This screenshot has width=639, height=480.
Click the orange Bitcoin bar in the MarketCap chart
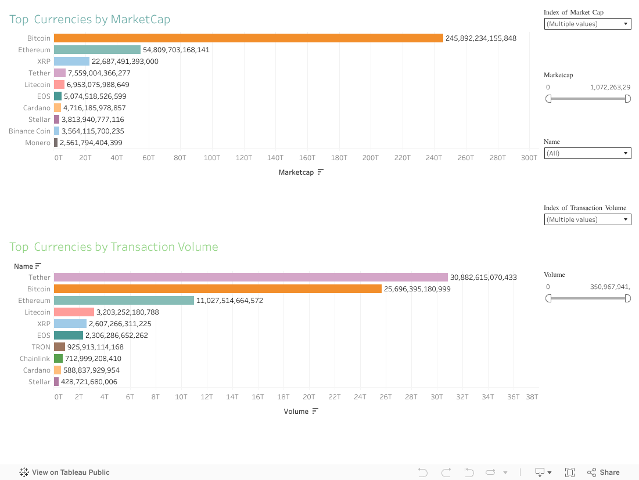coord(249,38)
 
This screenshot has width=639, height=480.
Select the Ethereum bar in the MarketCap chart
coord(97,50)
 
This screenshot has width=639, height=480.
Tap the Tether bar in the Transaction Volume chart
coord(251,277)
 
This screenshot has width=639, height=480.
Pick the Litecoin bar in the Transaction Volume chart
coord(74,312)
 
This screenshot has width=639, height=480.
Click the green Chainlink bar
coord(58,359)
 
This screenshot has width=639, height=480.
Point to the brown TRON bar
coord(59,347)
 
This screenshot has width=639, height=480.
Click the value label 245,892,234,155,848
coord(481,38)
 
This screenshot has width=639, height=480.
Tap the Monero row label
coord(38,143)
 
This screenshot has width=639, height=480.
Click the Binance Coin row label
coord(30,131)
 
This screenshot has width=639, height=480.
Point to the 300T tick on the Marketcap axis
coord(529,157)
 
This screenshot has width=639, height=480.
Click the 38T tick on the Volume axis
coord(532,396)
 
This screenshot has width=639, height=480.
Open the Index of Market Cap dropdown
coord(587,24)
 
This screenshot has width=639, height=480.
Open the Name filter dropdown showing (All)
coord(587,153)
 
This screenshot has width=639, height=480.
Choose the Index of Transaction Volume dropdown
coord(587,219)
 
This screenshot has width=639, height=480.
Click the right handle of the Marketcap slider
coord(627,99)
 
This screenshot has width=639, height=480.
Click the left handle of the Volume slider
coord(548,298)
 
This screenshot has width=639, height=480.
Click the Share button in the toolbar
coord(604,472)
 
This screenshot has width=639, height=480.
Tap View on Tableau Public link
coord(64,472)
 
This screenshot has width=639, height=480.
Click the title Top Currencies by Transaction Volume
coord(114,247)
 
